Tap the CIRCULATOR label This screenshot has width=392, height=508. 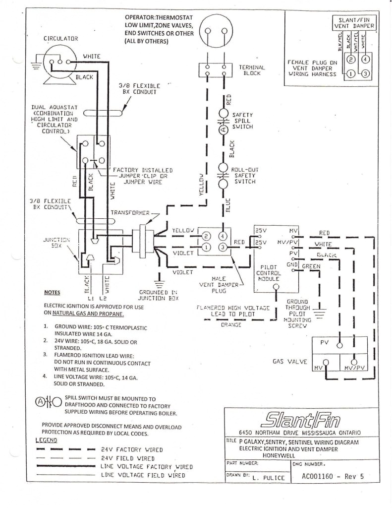click(60, 38)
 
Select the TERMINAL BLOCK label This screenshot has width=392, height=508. click(252, 70)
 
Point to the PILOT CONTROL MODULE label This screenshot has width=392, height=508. click(269, 273)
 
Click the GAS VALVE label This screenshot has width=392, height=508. click(288, 362)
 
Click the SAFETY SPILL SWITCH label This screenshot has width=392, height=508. click(242, 121)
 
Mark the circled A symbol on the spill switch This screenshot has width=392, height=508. click(223, 129)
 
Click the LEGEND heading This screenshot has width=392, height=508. click(47, 440)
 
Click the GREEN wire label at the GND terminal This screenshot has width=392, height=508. click(311, 266)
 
